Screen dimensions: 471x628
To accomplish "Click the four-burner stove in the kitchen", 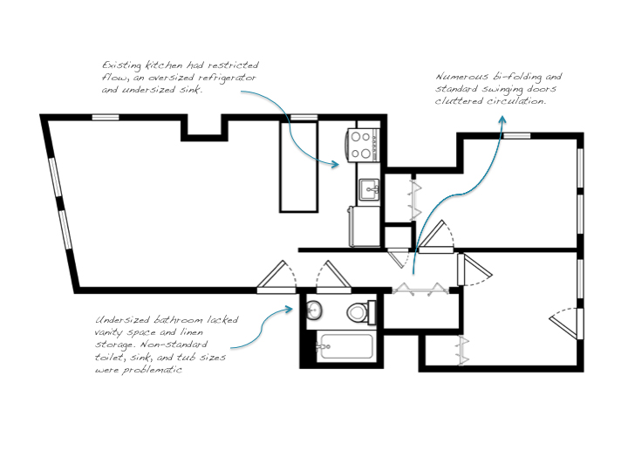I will pos(363,144).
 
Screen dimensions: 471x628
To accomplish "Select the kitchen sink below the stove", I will pos(369,188).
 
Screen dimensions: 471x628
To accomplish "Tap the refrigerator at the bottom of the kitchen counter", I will pos(363,226).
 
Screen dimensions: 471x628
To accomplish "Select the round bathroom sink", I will pos(315,310).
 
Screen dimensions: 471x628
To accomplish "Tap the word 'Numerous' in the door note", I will pos(459,77).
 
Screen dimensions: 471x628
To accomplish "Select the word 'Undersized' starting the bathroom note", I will pos(125,320).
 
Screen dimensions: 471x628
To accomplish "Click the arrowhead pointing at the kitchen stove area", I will pos(337,163).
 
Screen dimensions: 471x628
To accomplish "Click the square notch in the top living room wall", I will pos(206,128).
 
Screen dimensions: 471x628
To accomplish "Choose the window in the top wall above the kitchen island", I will pos(304,117).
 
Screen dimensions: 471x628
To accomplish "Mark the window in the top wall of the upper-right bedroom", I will pos(517,134).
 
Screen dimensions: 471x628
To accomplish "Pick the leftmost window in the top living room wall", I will pos(106,117).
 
